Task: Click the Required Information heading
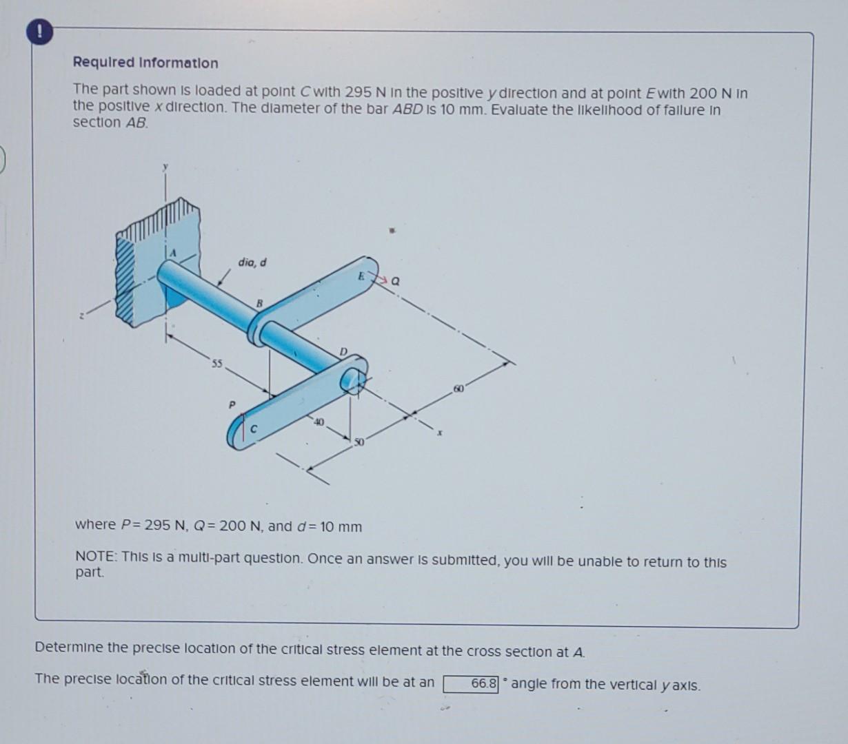point(145,63)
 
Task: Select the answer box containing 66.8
point(471,684)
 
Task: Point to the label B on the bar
point(260,303)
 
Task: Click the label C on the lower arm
point(254,429)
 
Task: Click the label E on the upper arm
point(360,276)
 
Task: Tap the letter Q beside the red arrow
point(395,281)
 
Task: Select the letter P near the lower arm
point(232,404)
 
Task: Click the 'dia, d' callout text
point(252,262)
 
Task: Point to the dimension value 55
point(216,364)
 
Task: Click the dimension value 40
point(318,421)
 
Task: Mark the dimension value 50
point(359,442)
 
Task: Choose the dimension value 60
point(459,390)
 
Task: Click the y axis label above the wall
point(165,167)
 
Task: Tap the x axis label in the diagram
point(439,433)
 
